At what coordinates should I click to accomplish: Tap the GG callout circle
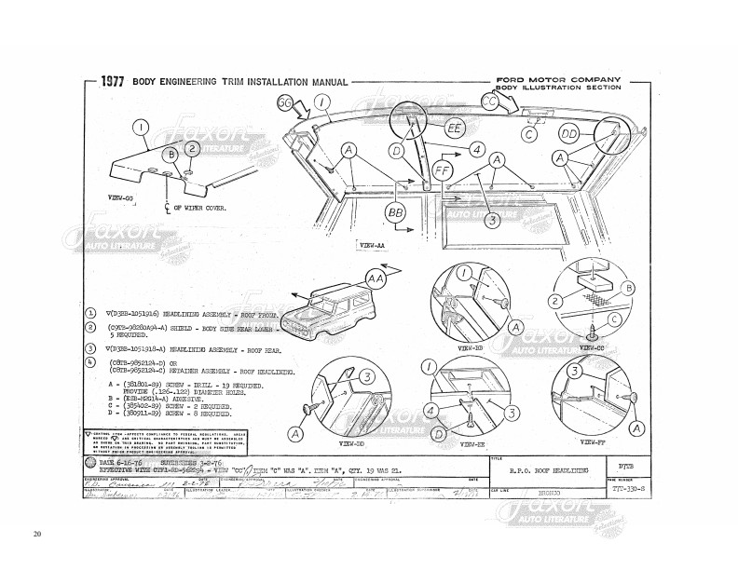(x=287, y=104)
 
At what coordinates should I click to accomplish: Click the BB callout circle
(x=396, y=214)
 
